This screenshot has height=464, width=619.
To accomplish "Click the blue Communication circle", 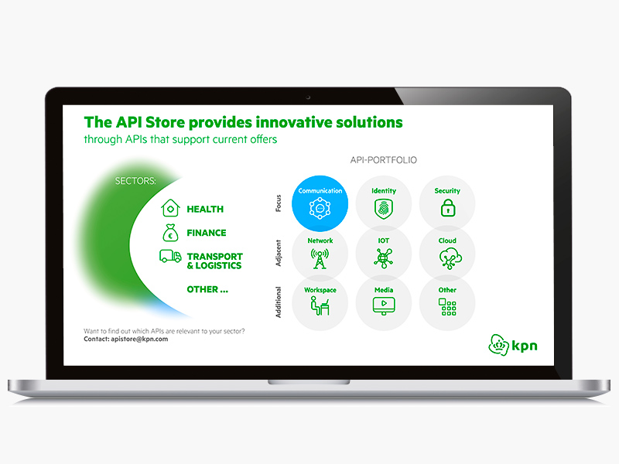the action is (320, 203).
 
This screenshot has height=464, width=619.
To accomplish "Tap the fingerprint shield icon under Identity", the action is (383, 209).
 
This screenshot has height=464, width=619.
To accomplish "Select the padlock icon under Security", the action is (448, 207).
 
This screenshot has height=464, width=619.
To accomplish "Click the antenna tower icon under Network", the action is (320, 258).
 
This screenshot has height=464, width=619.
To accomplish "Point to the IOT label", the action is (383, 241).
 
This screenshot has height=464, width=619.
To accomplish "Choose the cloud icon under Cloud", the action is (450, 258).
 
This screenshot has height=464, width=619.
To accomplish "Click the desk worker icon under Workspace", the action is (320, 305).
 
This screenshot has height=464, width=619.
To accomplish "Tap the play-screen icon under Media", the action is (384, 305).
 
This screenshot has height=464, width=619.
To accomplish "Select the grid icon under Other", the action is (447, 306).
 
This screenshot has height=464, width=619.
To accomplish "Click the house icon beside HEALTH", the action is (170, 208).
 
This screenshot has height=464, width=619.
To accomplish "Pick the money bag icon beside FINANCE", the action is (170, 233).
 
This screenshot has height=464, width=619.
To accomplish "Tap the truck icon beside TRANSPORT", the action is (170, 256).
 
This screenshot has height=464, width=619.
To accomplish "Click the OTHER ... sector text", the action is (207, 289).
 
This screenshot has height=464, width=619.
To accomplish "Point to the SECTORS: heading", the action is (135, 181).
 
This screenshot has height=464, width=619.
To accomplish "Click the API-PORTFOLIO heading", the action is (383, 160).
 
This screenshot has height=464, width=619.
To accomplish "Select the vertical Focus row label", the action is (279, 203).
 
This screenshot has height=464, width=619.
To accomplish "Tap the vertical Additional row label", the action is (279, 302).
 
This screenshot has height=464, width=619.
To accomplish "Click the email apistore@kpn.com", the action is (139, 339).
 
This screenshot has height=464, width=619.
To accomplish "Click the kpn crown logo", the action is (498, 345).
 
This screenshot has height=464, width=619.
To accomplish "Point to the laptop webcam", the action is (308, 97).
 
